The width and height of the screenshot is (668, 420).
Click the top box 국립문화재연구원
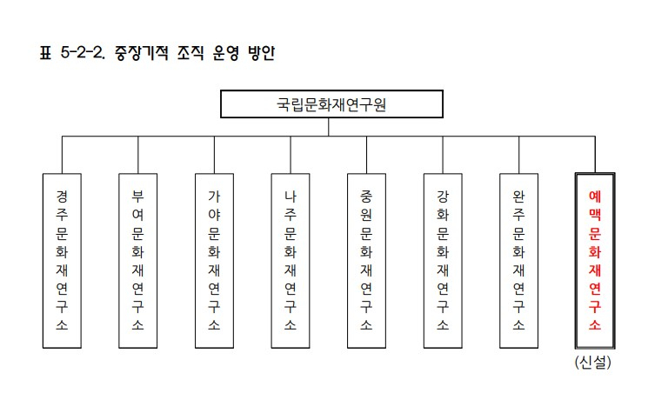331,104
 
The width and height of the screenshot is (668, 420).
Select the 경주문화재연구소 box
62,261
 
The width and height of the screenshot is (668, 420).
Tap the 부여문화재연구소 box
138,261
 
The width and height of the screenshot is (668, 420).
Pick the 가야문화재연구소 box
214,261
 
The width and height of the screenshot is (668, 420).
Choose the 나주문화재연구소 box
291,261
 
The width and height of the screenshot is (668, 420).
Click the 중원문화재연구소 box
366,261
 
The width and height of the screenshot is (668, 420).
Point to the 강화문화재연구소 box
443,261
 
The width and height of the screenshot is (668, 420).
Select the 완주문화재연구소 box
519,261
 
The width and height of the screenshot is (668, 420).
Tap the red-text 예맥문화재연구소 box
595,261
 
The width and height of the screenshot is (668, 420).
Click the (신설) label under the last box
592,363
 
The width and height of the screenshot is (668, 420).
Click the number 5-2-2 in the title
83,53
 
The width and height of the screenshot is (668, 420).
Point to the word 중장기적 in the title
142,53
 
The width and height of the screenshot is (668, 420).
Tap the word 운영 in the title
226,53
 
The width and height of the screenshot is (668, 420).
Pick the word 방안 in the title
262,53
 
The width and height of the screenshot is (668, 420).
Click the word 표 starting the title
45,53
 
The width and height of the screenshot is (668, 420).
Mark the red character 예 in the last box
595,197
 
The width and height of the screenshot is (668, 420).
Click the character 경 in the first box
62,197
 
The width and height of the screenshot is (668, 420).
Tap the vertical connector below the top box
329,127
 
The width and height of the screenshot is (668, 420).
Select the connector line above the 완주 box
519,155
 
